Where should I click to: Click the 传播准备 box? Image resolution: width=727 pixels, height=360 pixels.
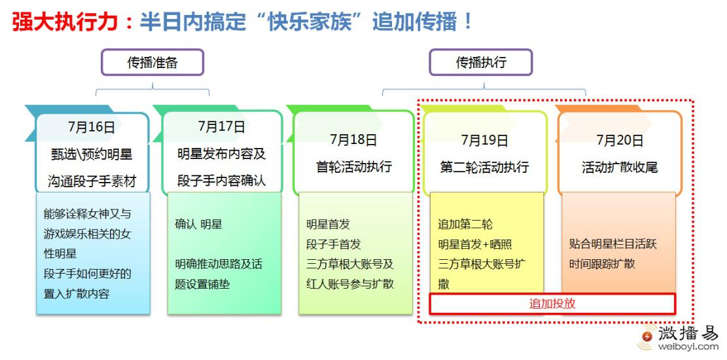click(x=152, y=62)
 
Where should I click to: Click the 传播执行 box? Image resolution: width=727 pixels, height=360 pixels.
click(x=481, y=62)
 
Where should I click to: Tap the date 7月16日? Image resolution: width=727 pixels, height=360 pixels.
click(x=92, y=127)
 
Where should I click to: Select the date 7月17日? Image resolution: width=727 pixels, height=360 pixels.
click(x=222, y=126)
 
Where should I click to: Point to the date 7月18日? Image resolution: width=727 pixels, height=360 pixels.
click(x=353, y=139)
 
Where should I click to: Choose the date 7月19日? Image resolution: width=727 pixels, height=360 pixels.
click(x=484, y=139)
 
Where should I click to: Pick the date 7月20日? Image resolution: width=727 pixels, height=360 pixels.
click(x=620, y=139)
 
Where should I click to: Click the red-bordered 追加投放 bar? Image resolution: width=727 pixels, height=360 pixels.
click(x=552, y=304)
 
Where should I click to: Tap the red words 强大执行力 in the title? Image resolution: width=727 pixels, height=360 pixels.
click(x=64, y=22)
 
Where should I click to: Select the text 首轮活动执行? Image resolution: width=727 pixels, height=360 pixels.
click(x=354, y=166)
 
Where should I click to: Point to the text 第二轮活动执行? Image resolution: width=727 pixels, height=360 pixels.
click(x=484, y=166)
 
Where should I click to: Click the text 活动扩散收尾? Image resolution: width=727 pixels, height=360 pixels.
click(x=620, y=166)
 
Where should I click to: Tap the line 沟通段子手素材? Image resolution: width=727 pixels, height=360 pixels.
click(x=92, y=181)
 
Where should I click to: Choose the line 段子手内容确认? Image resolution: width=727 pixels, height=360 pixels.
click(x=222, y=181)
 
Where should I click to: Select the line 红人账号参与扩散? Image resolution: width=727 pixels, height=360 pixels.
click(x=350, y=284)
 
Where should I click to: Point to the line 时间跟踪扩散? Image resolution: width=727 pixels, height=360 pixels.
click(x=602, y=264)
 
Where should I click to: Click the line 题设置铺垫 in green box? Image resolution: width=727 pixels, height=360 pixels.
click(x=202, y=284)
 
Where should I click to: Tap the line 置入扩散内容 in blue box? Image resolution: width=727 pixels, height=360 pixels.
click(x=77, y=294)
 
